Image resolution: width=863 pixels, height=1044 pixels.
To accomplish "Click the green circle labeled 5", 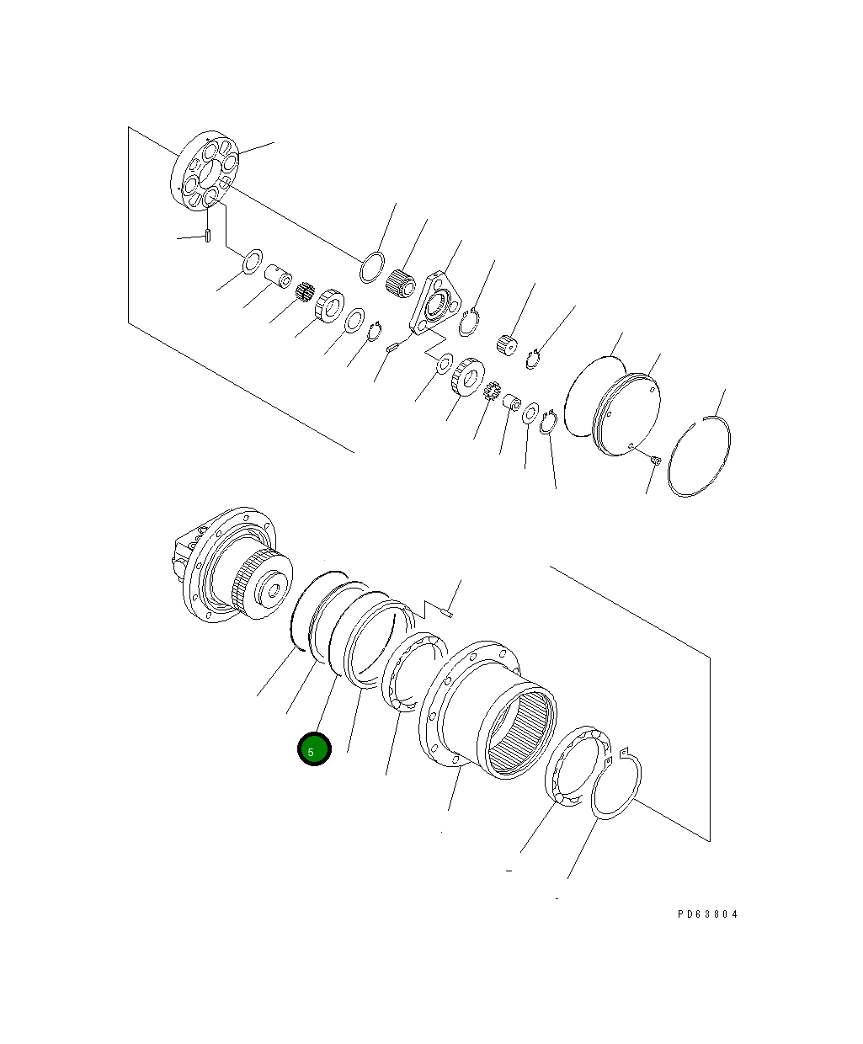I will click(x=314, y=750).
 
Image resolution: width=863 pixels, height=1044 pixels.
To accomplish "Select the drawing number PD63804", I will click(x=707, y=913).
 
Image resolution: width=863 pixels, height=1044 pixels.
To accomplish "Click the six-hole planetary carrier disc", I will click(x=205, y=170).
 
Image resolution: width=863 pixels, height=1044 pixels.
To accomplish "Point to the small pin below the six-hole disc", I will click(x=207, y=237).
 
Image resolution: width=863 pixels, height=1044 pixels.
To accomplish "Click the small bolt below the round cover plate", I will click(x=656, y=459).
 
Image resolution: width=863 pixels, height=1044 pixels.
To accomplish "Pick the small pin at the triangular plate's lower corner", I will click(x=392, y=345).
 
